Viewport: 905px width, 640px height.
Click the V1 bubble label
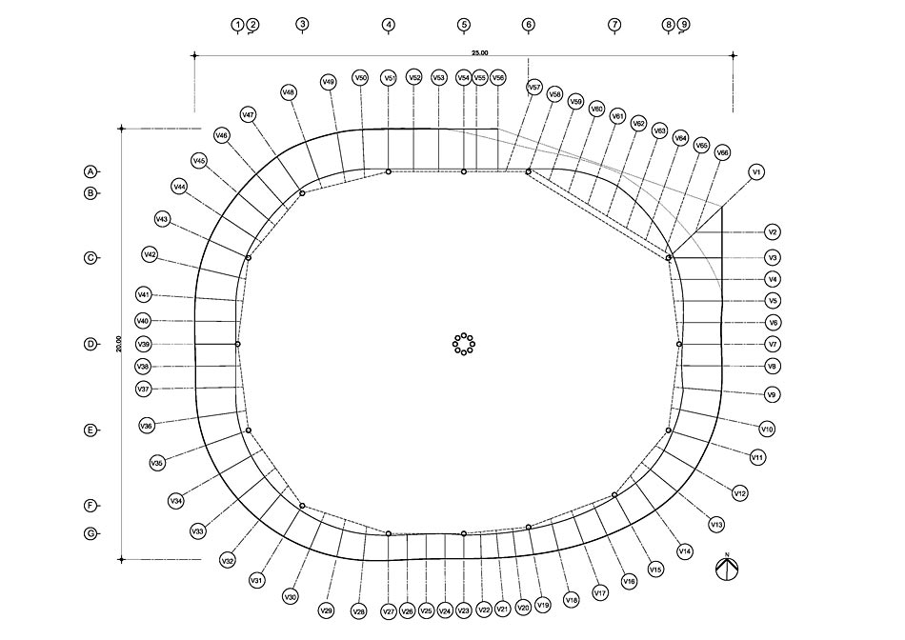coord(756,172)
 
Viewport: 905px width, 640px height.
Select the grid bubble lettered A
coord(90,171)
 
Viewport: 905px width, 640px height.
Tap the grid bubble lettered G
coord(90,533)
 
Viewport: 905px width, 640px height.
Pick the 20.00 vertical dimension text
coord(117,344)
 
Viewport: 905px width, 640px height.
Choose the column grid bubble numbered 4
coord(389,25)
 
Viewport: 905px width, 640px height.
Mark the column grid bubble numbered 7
coord(614,25)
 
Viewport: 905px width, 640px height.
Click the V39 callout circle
coord(143,344)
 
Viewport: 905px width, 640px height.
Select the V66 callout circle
coord(722,152)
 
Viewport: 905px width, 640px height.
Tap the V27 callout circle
coord(388,611)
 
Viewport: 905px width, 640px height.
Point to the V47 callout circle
coord(249,115)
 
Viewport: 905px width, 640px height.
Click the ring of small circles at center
coord(464,344)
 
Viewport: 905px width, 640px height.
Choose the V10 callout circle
coord(767,430)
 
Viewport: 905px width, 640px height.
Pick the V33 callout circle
coord(198,530)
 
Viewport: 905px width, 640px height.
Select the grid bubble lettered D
coord(90,344)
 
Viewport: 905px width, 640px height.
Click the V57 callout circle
coord(534,87)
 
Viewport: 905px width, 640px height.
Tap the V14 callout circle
coord(684,551)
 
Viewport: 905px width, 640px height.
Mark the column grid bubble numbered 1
coord(237,25)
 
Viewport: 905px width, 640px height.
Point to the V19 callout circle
coord(543,604)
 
